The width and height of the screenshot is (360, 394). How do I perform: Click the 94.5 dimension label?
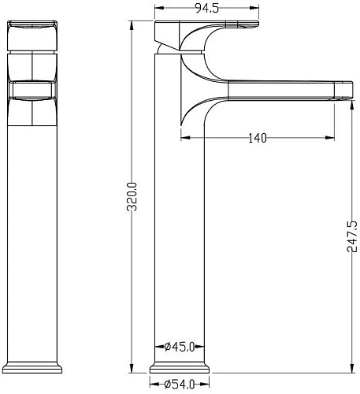click(207, 8)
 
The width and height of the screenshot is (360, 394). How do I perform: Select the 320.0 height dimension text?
click(132, 197)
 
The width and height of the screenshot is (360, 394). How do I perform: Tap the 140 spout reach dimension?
click(258, 138)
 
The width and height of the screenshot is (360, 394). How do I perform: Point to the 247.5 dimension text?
click(352, 237)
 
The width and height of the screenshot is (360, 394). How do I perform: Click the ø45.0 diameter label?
click(180, 347)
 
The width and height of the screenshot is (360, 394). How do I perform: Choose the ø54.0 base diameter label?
click(180, 385)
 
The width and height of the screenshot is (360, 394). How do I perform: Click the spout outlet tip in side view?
click(343, 91)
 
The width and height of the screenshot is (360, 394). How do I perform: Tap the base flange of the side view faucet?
click(180, 368)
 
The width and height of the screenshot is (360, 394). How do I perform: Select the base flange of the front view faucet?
click(32, 368)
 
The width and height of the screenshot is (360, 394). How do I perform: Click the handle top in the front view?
click(32, 24)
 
